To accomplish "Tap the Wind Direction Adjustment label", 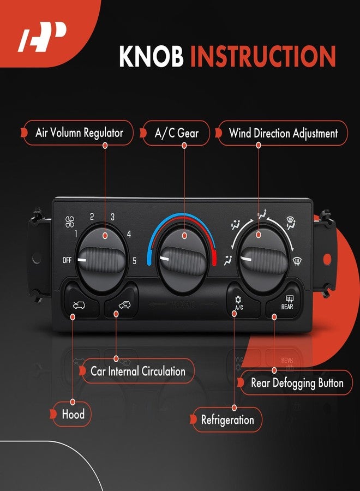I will [x=283, y=133].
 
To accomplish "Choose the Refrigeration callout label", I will [x=227, y=420].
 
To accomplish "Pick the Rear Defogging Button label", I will [x=296, y=383].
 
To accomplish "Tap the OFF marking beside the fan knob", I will [x=67, y=260].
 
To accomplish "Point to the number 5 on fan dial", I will [x=134, y=260].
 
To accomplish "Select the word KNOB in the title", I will [x=151, y=56].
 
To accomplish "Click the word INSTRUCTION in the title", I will [x=262, y=56].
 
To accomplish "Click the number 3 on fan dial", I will [x=112, y=217].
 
